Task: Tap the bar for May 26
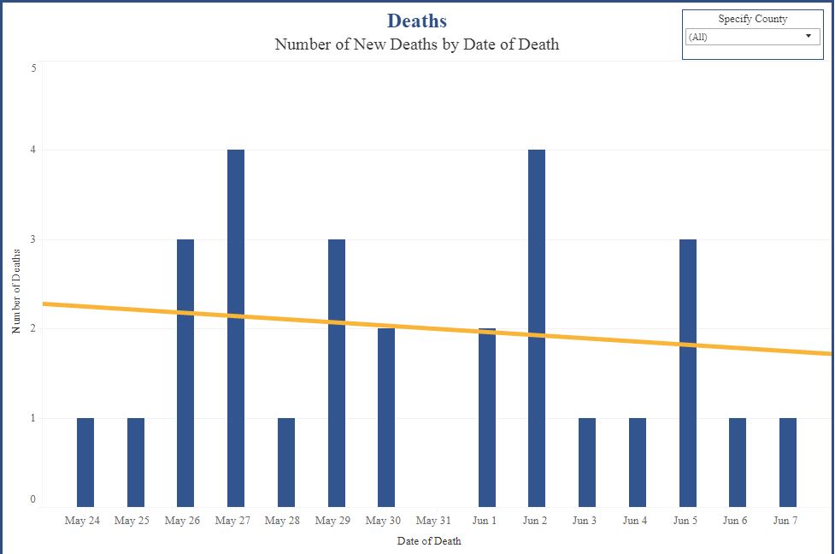point(185,373)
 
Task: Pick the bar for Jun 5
point(687,373)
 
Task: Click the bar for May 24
point(85,462)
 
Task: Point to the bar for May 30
point(386,417)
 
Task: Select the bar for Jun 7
point(787,462)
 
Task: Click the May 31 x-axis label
point(433,521)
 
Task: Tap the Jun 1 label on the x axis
point(486,521)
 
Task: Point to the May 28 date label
point(283,521)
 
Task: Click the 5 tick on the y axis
point(33,68)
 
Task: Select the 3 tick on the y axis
point(33,239)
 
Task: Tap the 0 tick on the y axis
point(33,499)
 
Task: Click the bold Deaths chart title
point(416,21)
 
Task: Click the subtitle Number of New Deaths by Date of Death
point(416,44)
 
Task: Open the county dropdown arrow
point(808,37)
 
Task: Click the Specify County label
point(752,19)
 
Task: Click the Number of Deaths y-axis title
point(16,291)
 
